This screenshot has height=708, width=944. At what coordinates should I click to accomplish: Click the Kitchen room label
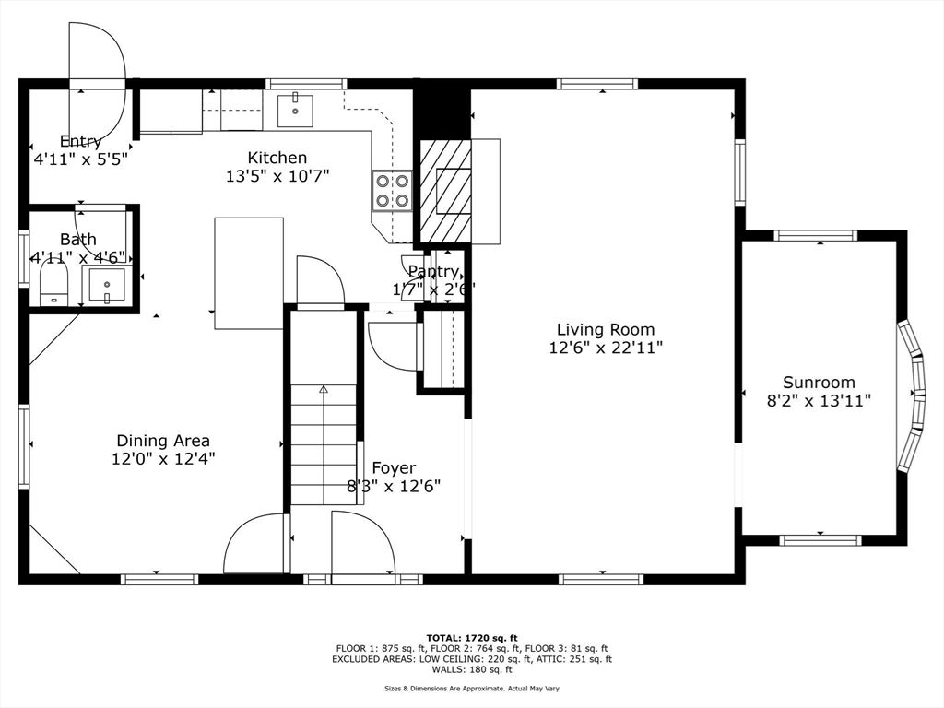277,158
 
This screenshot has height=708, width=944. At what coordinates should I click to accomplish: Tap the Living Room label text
606,329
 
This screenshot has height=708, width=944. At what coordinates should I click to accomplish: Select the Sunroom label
819,383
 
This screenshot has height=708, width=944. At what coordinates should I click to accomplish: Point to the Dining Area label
163,441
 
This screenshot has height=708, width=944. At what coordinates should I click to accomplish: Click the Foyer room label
394,467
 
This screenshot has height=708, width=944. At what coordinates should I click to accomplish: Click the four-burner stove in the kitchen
392,190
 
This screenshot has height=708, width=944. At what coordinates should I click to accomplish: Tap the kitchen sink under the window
295,111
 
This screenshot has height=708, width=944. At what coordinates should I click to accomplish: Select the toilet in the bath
54,287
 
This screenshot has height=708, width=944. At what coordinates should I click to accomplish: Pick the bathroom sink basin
107,286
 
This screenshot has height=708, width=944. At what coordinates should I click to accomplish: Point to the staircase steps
324,444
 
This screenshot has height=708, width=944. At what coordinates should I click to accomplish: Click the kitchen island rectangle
249,273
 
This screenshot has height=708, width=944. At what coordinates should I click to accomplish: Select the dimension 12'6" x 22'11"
606,348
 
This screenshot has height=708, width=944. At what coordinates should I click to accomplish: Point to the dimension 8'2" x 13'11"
819,400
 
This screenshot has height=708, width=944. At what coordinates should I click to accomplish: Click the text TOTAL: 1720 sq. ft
472,638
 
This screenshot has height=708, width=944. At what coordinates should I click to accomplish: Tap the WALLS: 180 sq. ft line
472,669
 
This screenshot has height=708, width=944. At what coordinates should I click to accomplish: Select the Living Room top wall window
596,84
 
